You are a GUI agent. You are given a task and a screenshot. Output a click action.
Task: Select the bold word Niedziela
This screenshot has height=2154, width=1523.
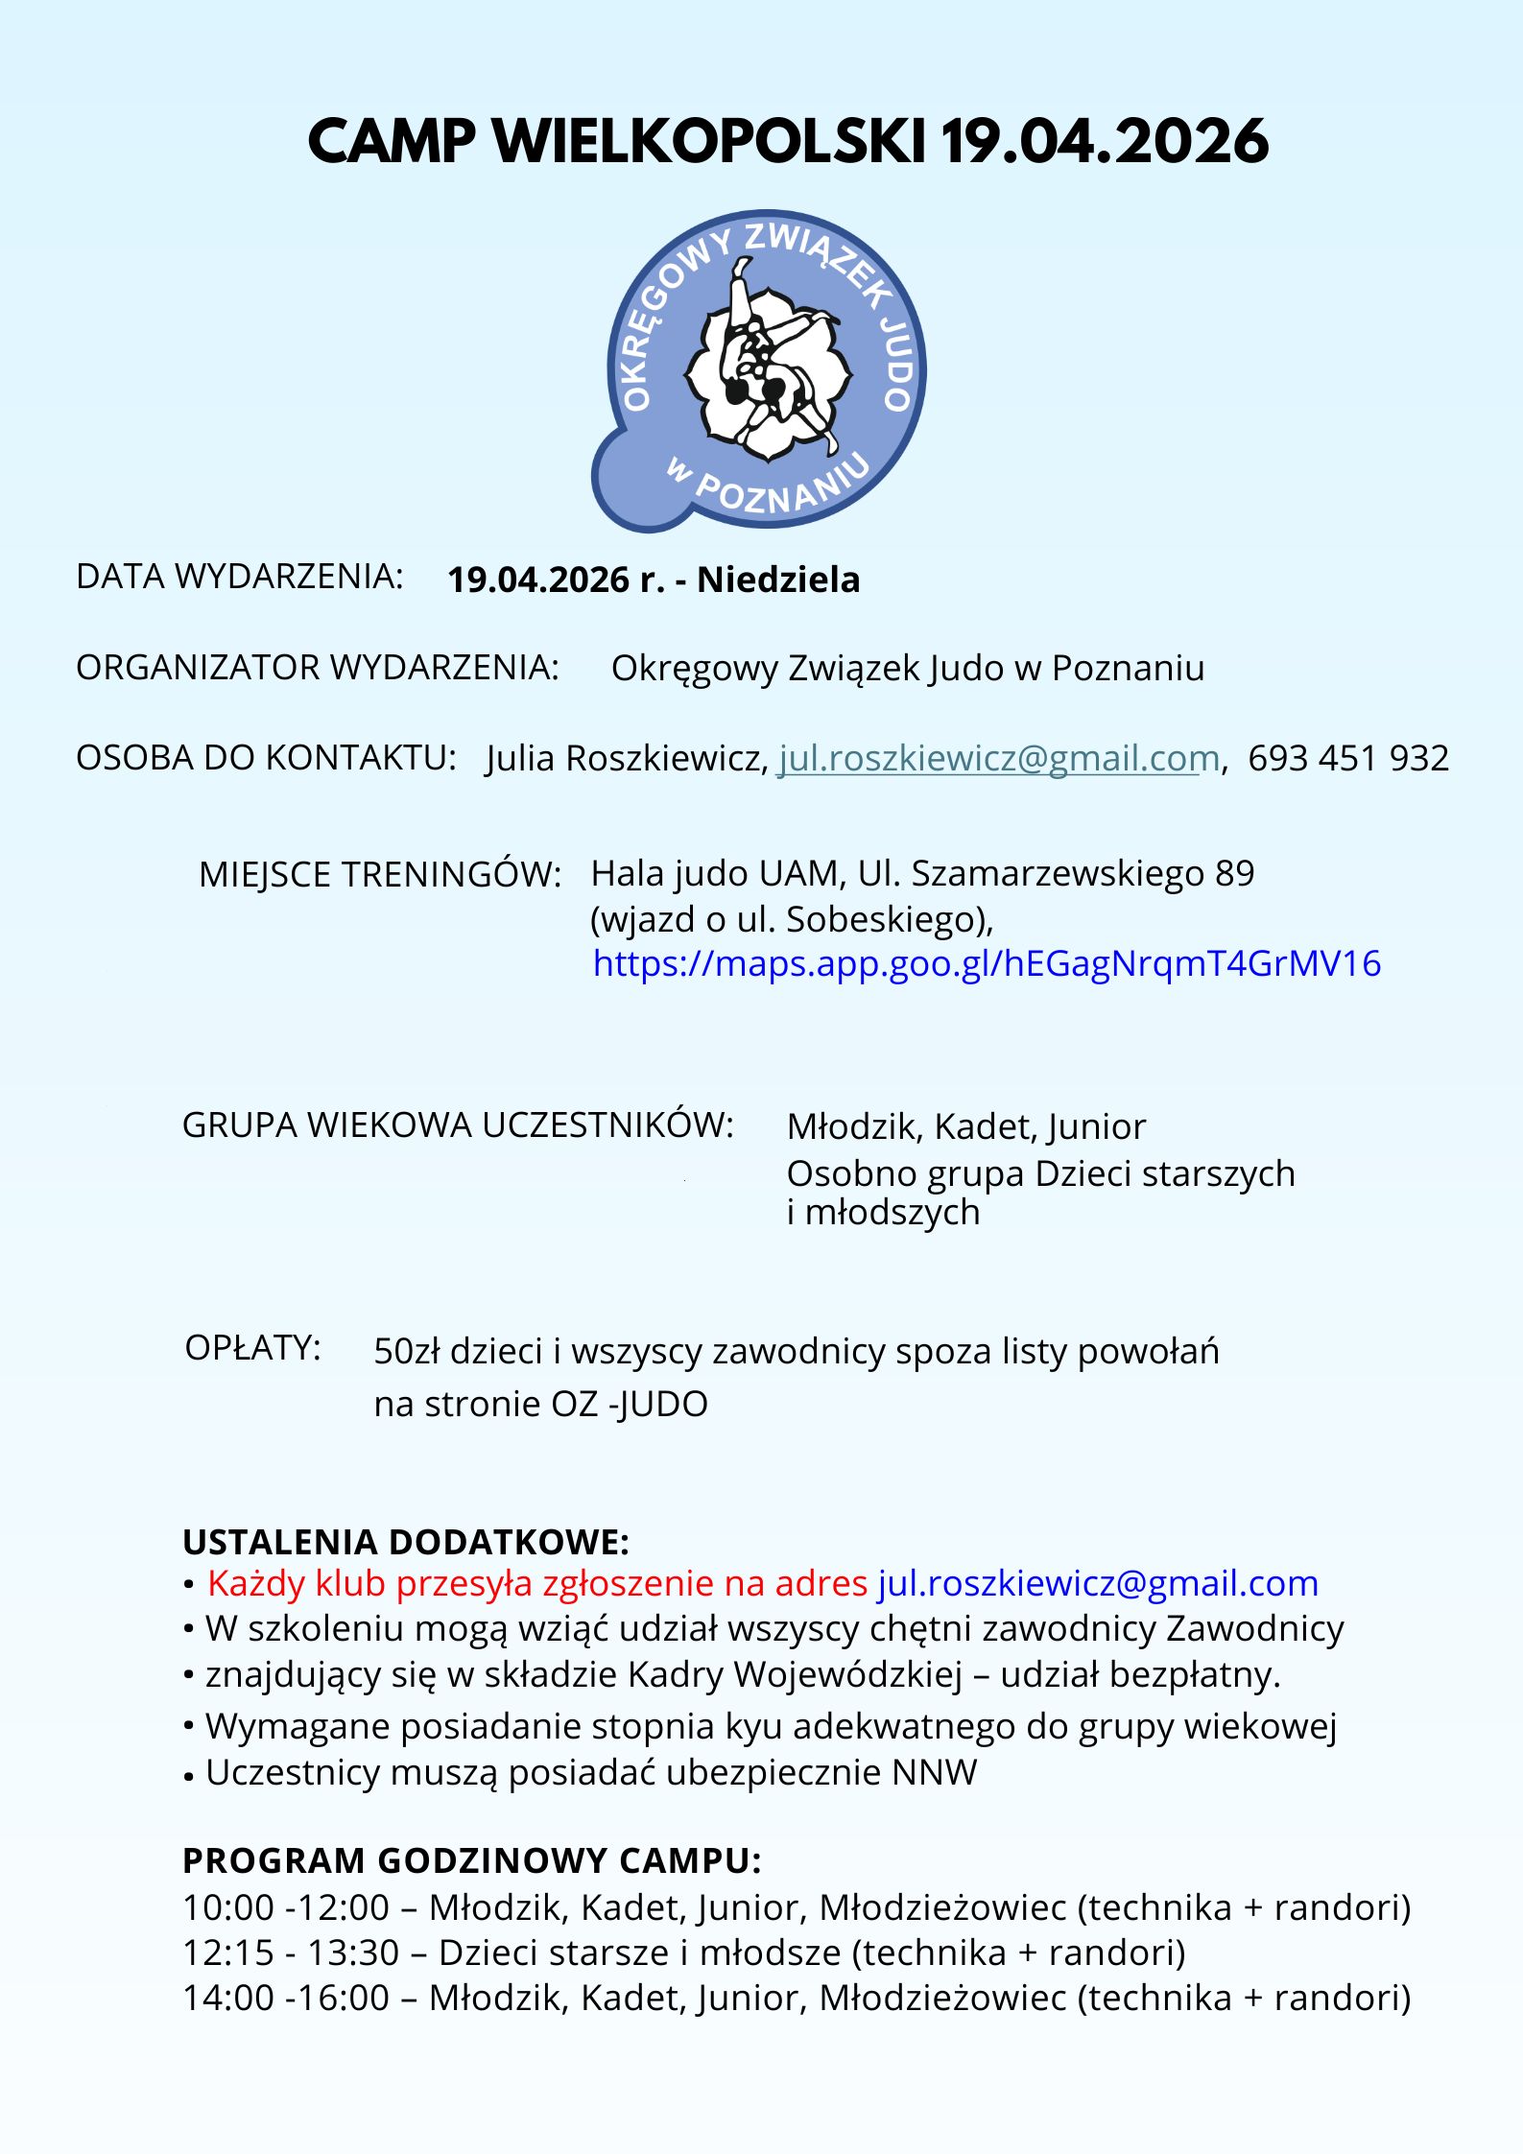[778, 580]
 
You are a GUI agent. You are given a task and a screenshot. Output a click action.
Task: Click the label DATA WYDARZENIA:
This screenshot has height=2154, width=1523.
[239, 577]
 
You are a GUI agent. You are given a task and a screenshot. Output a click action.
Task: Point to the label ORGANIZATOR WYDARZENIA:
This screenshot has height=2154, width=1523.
[317, 668]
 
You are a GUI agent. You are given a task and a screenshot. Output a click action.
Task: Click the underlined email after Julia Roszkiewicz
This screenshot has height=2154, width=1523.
[997, 758]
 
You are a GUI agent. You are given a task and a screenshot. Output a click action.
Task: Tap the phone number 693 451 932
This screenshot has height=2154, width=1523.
[1347, 758]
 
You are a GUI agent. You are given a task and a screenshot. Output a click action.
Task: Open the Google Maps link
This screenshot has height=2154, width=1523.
[987, 962]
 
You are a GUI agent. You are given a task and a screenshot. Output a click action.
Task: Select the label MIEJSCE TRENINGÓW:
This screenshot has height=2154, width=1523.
[379, 874]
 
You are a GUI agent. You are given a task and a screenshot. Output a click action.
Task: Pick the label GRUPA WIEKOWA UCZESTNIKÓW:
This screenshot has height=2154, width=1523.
[458, 1124]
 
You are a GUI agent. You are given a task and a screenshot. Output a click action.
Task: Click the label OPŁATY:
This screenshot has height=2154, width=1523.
[252, 1348]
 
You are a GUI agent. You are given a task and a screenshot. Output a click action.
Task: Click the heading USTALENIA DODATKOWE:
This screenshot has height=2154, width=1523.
[406, 1542]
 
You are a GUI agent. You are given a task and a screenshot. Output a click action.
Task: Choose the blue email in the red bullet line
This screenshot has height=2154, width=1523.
[1097, 1583]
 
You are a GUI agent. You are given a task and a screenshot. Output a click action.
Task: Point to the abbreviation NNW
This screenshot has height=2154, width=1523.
[934, 1772]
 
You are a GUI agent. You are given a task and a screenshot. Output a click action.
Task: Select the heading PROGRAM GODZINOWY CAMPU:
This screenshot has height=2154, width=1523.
[471, 1860]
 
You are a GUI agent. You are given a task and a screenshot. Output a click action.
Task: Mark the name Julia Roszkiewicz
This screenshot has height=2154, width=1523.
[626, 758]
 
